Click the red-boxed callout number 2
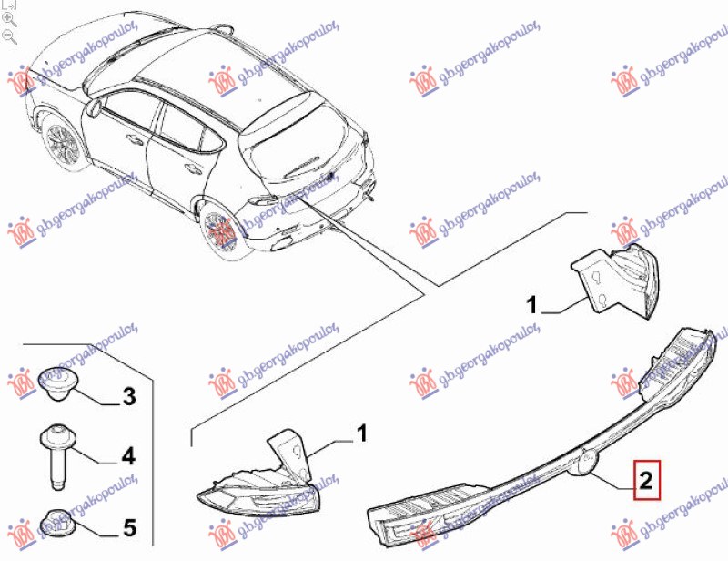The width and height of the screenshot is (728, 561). [647, 480]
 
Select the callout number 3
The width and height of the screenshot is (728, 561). [129, 396]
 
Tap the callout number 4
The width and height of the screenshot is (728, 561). [128, 456]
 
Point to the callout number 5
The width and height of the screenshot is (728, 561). [129, 528]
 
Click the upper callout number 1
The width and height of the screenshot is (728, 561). [531, 305]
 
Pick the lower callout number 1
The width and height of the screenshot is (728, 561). [361, 433]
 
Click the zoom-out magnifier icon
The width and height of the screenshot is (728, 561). [9, 36]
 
